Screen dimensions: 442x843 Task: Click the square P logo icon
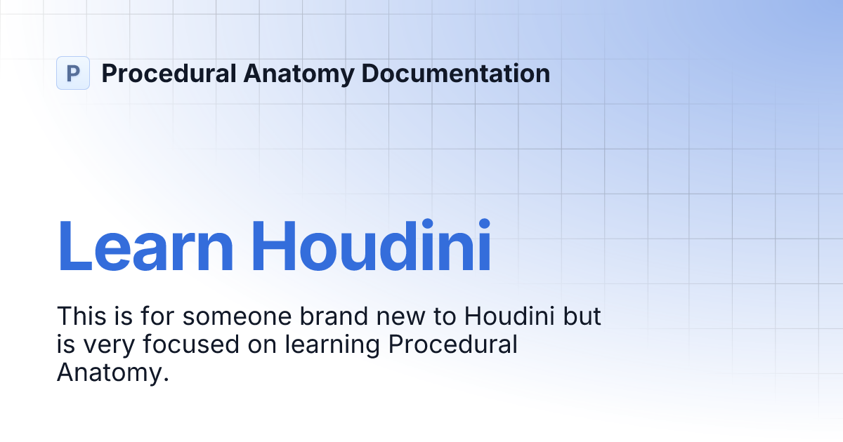click(x=73, y=73)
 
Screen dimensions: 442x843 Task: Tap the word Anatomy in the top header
click(x=297, y=73)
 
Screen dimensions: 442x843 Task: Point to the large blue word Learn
click(x=145, y=246)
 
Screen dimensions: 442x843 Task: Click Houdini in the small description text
click(x=511, y=316)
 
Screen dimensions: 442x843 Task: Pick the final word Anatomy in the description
click(x=112, y=373)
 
